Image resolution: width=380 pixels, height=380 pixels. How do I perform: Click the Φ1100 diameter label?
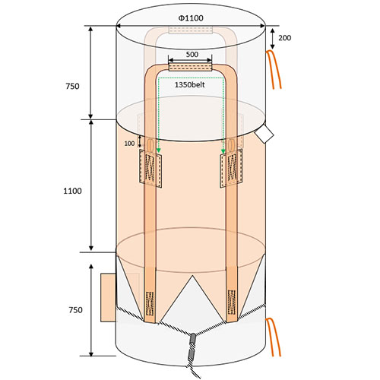point(191,18)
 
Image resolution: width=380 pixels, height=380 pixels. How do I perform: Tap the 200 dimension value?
point(285,38)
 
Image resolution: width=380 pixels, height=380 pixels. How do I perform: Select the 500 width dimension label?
point(192,54)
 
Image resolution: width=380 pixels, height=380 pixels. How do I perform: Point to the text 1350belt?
point(189,84)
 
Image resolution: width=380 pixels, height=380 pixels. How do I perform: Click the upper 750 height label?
point(72,86)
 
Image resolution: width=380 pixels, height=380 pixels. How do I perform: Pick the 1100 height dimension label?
point(72,191)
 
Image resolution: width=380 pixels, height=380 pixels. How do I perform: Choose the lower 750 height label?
point(75,310)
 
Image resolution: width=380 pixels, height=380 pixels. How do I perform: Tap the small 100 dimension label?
point(129,144)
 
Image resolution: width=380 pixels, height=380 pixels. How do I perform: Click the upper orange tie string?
point(274,69)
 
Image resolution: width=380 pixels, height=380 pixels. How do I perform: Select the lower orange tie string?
point(274,337)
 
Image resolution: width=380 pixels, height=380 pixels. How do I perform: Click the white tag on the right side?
point(264,134)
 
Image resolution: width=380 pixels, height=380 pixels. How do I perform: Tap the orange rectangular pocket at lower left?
point(109,297)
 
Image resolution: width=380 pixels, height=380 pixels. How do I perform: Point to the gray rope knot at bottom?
point(192,347)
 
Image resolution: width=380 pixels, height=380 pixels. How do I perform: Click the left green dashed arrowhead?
point(159,151)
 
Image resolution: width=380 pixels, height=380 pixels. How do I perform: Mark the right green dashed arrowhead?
point(223,151)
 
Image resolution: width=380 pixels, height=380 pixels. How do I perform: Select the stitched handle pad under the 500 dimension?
point(190,68)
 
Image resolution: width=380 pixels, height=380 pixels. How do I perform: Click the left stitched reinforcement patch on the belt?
point(150,168)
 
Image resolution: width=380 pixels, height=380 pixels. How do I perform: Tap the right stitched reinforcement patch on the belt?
point(231,168)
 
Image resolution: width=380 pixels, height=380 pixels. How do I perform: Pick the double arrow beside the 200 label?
point(272,39)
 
